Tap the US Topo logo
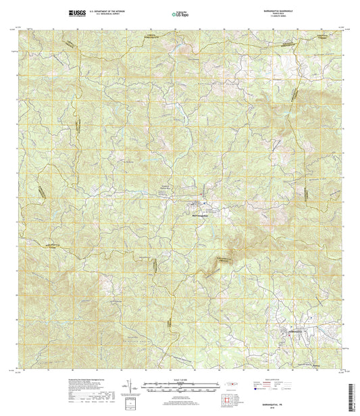tap(180, 13)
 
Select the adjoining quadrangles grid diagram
tap(234, 403)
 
